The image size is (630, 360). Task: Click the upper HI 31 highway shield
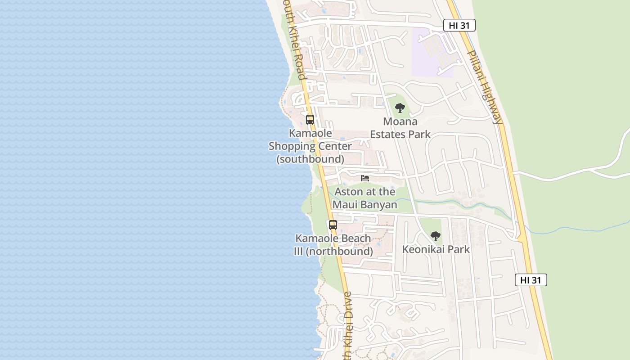459,25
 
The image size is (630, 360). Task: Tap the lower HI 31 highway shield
531,280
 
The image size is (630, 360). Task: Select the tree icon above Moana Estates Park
400,108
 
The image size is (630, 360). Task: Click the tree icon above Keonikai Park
435,236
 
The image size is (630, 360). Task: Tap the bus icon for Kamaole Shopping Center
310,120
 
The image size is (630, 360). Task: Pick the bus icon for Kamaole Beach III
333,225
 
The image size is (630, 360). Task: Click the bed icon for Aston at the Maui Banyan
365,178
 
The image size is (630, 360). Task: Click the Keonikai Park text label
436,249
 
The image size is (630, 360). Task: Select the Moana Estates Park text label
400,128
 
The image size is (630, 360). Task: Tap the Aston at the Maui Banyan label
365,198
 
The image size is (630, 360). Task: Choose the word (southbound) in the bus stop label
310,159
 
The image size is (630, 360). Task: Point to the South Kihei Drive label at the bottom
347,326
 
